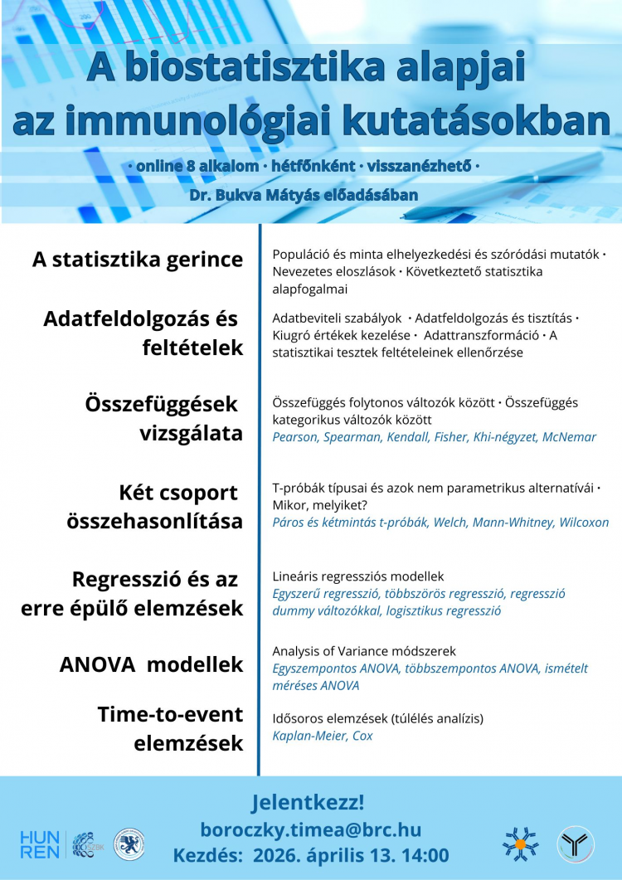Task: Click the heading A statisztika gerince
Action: pyautogui.click(x=138, y=260)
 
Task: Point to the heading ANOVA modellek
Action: pyautogui.click(x=152, y=664)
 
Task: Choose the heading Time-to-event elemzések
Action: pyautogui.click(x=170, y=728)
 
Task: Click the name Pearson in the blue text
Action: pyautogui.click(x=295, y=437)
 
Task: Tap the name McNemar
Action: pyautogui.click(x=569, y=437)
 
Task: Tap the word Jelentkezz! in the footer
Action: pyautogui.click(x=308, y=803)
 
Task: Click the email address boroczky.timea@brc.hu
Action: pyautogui.click(x=311, y=829)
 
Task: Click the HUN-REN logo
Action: pyautogui.click(x=40, y=844)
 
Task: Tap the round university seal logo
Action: pyautogui.click(x=129, y=844)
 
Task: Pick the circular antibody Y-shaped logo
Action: pyautogui.click(x=575, y=844)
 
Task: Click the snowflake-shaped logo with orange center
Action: pyautogui.click(x=521, y=844)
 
